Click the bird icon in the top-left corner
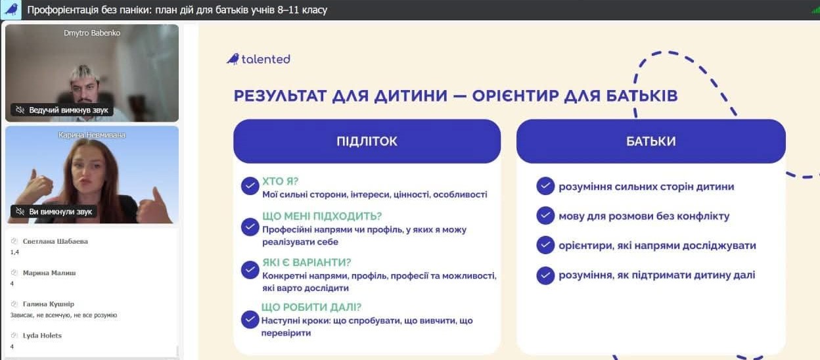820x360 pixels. [11, 9]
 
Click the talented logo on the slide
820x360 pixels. [258, 59]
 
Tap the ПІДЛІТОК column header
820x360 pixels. [367, 141]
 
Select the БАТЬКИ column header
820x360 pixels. [651, 141]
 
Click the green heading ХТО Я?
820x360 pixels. [281, 181]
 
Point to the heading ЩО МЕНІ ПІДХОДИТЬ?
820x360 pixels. [322, 216]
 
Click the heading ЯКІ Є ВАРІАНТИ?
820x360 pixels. [306, 262]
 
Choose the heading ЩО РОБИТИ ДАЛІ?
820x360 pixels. [311, 307]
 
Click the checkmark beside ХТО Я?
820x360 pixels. [250, 186]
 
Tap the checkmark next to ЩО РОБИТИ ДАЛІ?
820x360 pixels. [250, 319]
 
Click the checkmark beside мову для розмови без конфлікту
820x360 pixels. [545, 216]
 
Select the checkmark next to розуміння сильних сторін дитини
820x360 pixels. [545, 186]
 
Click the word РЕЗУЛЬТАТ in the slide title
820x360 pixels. [280, 96]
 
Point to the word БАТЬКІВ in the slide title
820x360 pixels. [642, 96]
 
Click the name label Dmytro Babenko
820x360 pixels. [92, 33]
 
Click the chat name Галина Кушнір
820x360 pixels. [49, 304]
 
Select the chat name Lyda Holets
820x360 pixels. [42, 336]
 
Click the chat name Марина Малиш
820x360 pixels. [49, 273]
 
